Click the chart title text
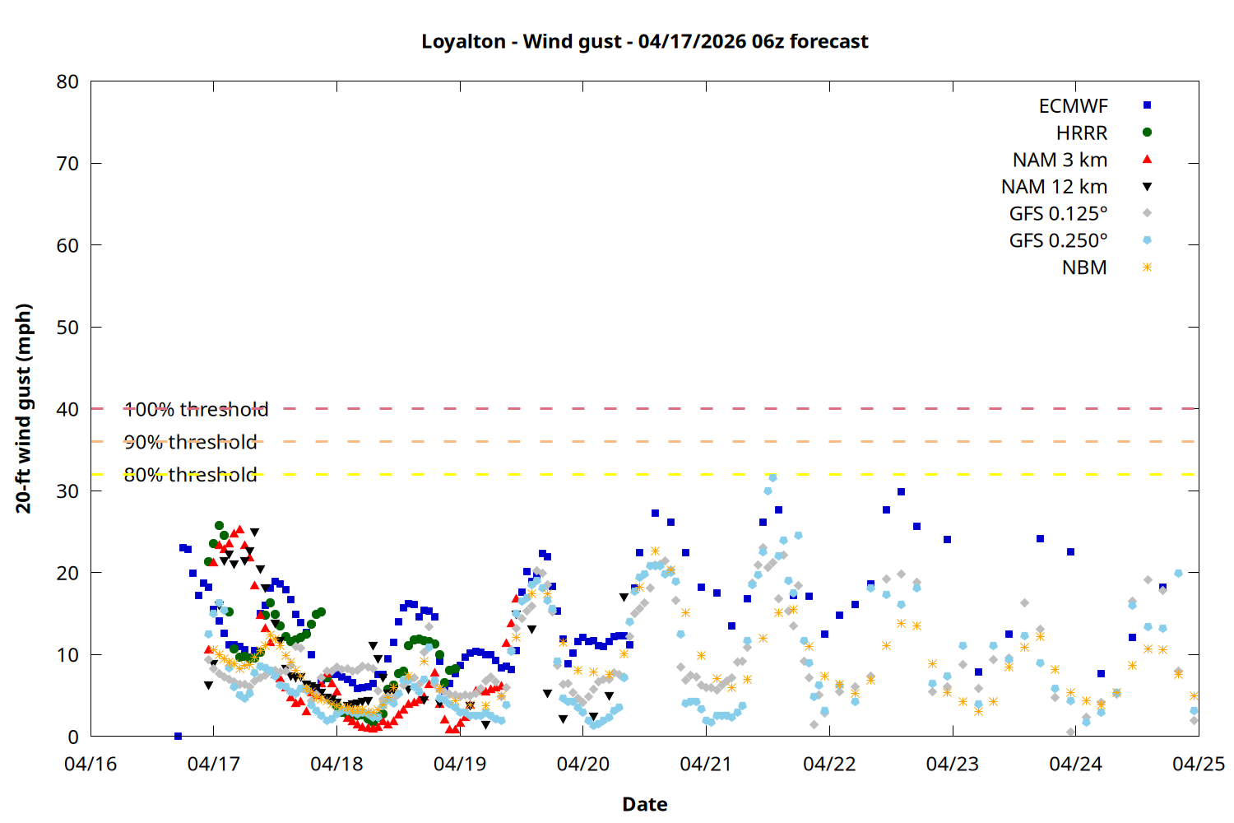[644, 41]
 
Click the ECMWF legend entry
[1073, 106]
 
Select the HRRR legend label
[1081, 133]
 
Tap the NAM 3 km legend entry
[1060, 160]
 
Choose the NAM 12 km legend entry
[1054, 187]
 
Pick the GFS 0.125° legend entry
[1058, 214]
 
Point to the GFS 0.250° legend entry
[1058, 241]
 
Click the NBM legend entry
[1083, 268]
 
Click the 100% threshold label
[196, 409]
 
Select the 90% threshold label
[190, 442]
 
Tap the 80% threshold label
[190, 475]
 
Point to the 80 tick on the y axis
[67, 81]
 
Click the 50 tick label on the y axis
[67, 327]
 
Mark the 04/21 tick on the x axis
[706, 764]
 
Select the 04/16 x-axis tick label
[90, 764]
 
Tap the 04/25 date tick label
[1198, 764]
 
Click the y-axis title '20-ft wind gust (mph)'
[24, 408]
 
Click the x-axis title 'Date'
[644, 804]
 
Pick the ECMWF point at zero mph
[178, 736]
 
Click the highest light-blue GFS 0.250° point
[772, 477]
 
